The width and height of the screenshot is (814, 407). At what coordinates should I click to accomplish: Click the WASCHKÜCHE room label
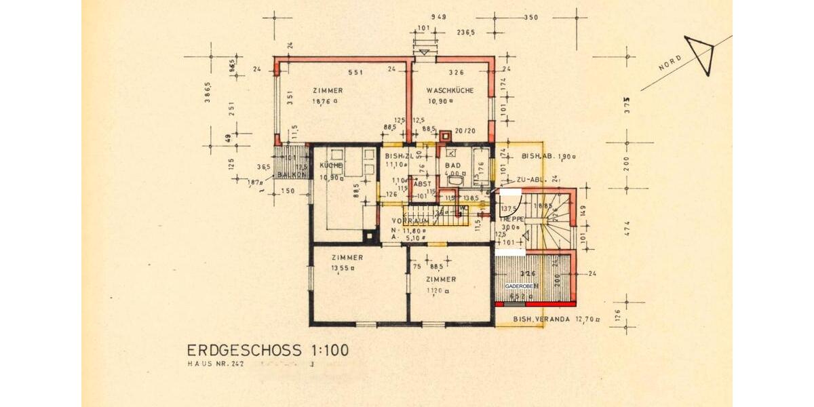click(x=450, y=91)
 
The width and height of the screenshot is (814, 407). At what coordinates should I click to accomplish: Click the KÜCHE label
click(x=331, y=166)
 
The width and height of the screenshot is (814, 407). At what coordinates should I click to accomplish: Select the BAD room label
click(x=452, y=165)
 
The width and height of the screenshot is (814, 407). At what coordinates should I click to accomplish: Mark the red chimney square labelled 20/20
click(x=446, y=133)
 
